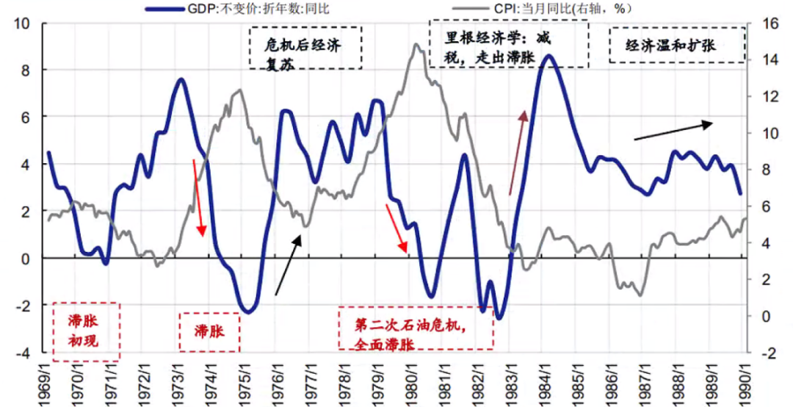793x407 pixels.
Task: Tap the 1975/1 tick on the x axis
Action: click(245, 381)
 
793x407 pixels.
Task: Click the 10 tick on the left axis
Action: click(21, 23)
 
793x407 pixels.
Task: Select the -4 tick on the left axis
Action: click(21, 353)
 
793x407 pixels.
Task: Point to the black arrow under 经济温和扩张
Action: click(673, 131)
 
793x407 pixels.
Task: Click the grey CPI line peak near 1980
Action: click(416, 45)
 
